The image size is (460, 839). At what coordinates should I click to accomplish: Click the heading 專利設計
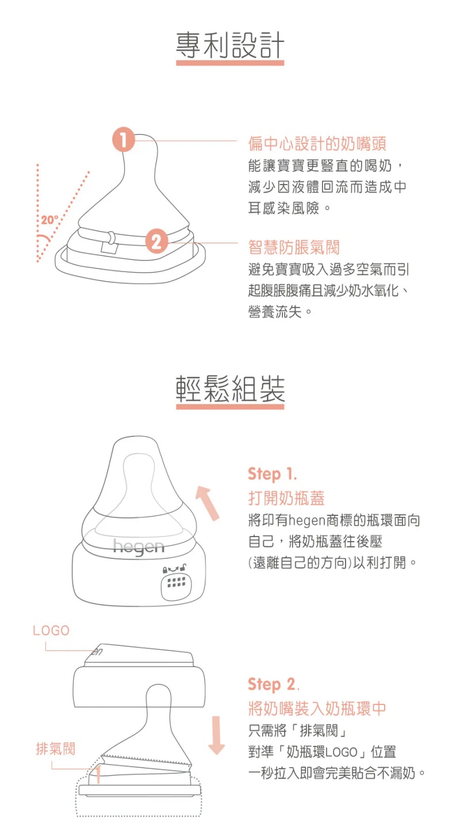(x=230, y=45)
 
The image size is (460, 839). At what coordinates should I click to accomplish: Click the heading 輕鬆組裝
(x=230, y=389)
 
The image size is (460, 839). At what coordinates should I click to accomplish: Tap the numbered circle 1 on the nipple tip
(x=124, y=139)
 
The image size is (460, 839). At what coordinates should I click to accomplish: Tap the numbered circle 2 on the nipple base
(x=156, y=241)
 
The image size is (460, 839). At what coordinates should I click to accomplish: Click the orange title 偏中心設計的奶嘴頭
(x=317, y=144)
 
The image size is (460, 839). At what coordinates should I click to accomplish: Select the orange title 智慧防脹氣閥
(x=294, y=247)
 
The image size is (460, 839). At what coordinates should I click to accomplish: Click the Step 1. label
(x=273, y=474)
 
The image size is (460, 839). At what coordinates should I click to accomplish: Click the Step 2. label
(x=274, y=684)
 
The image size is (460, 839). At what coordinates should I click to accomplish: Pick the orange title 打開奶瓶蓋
(x=286, y=498)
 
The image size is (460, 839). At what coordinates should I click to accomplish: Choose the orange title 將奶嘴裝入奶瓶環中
(x=317, y=708)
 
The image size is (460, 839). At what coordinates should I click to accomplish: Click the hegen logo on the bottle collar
(x=139, y=547)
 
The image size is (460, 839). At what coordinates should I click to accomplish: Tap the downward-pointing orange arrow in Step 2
(x=217, y=735)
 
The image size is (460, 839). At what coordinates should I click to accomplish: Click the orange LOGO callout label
(x=51, y=630)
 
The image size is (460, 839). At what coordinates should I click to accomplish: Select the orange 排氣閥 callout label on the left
(x=55, y=748)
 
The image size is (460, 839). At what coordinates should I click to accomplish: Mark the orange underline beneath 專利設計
(x=230, y=63)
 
